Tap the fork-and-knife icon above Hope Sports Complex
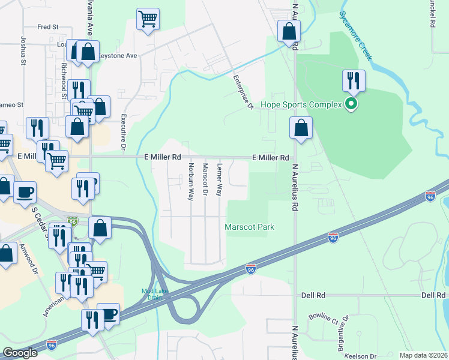[354, 81]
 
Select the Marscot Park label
[249, 227]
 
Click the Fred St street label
[47, 27]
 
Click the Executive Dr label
[124, 131]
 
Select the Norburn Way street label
[191, 181]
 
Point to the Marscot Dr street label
[205, 179]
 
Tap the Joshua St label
[23, 52]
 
